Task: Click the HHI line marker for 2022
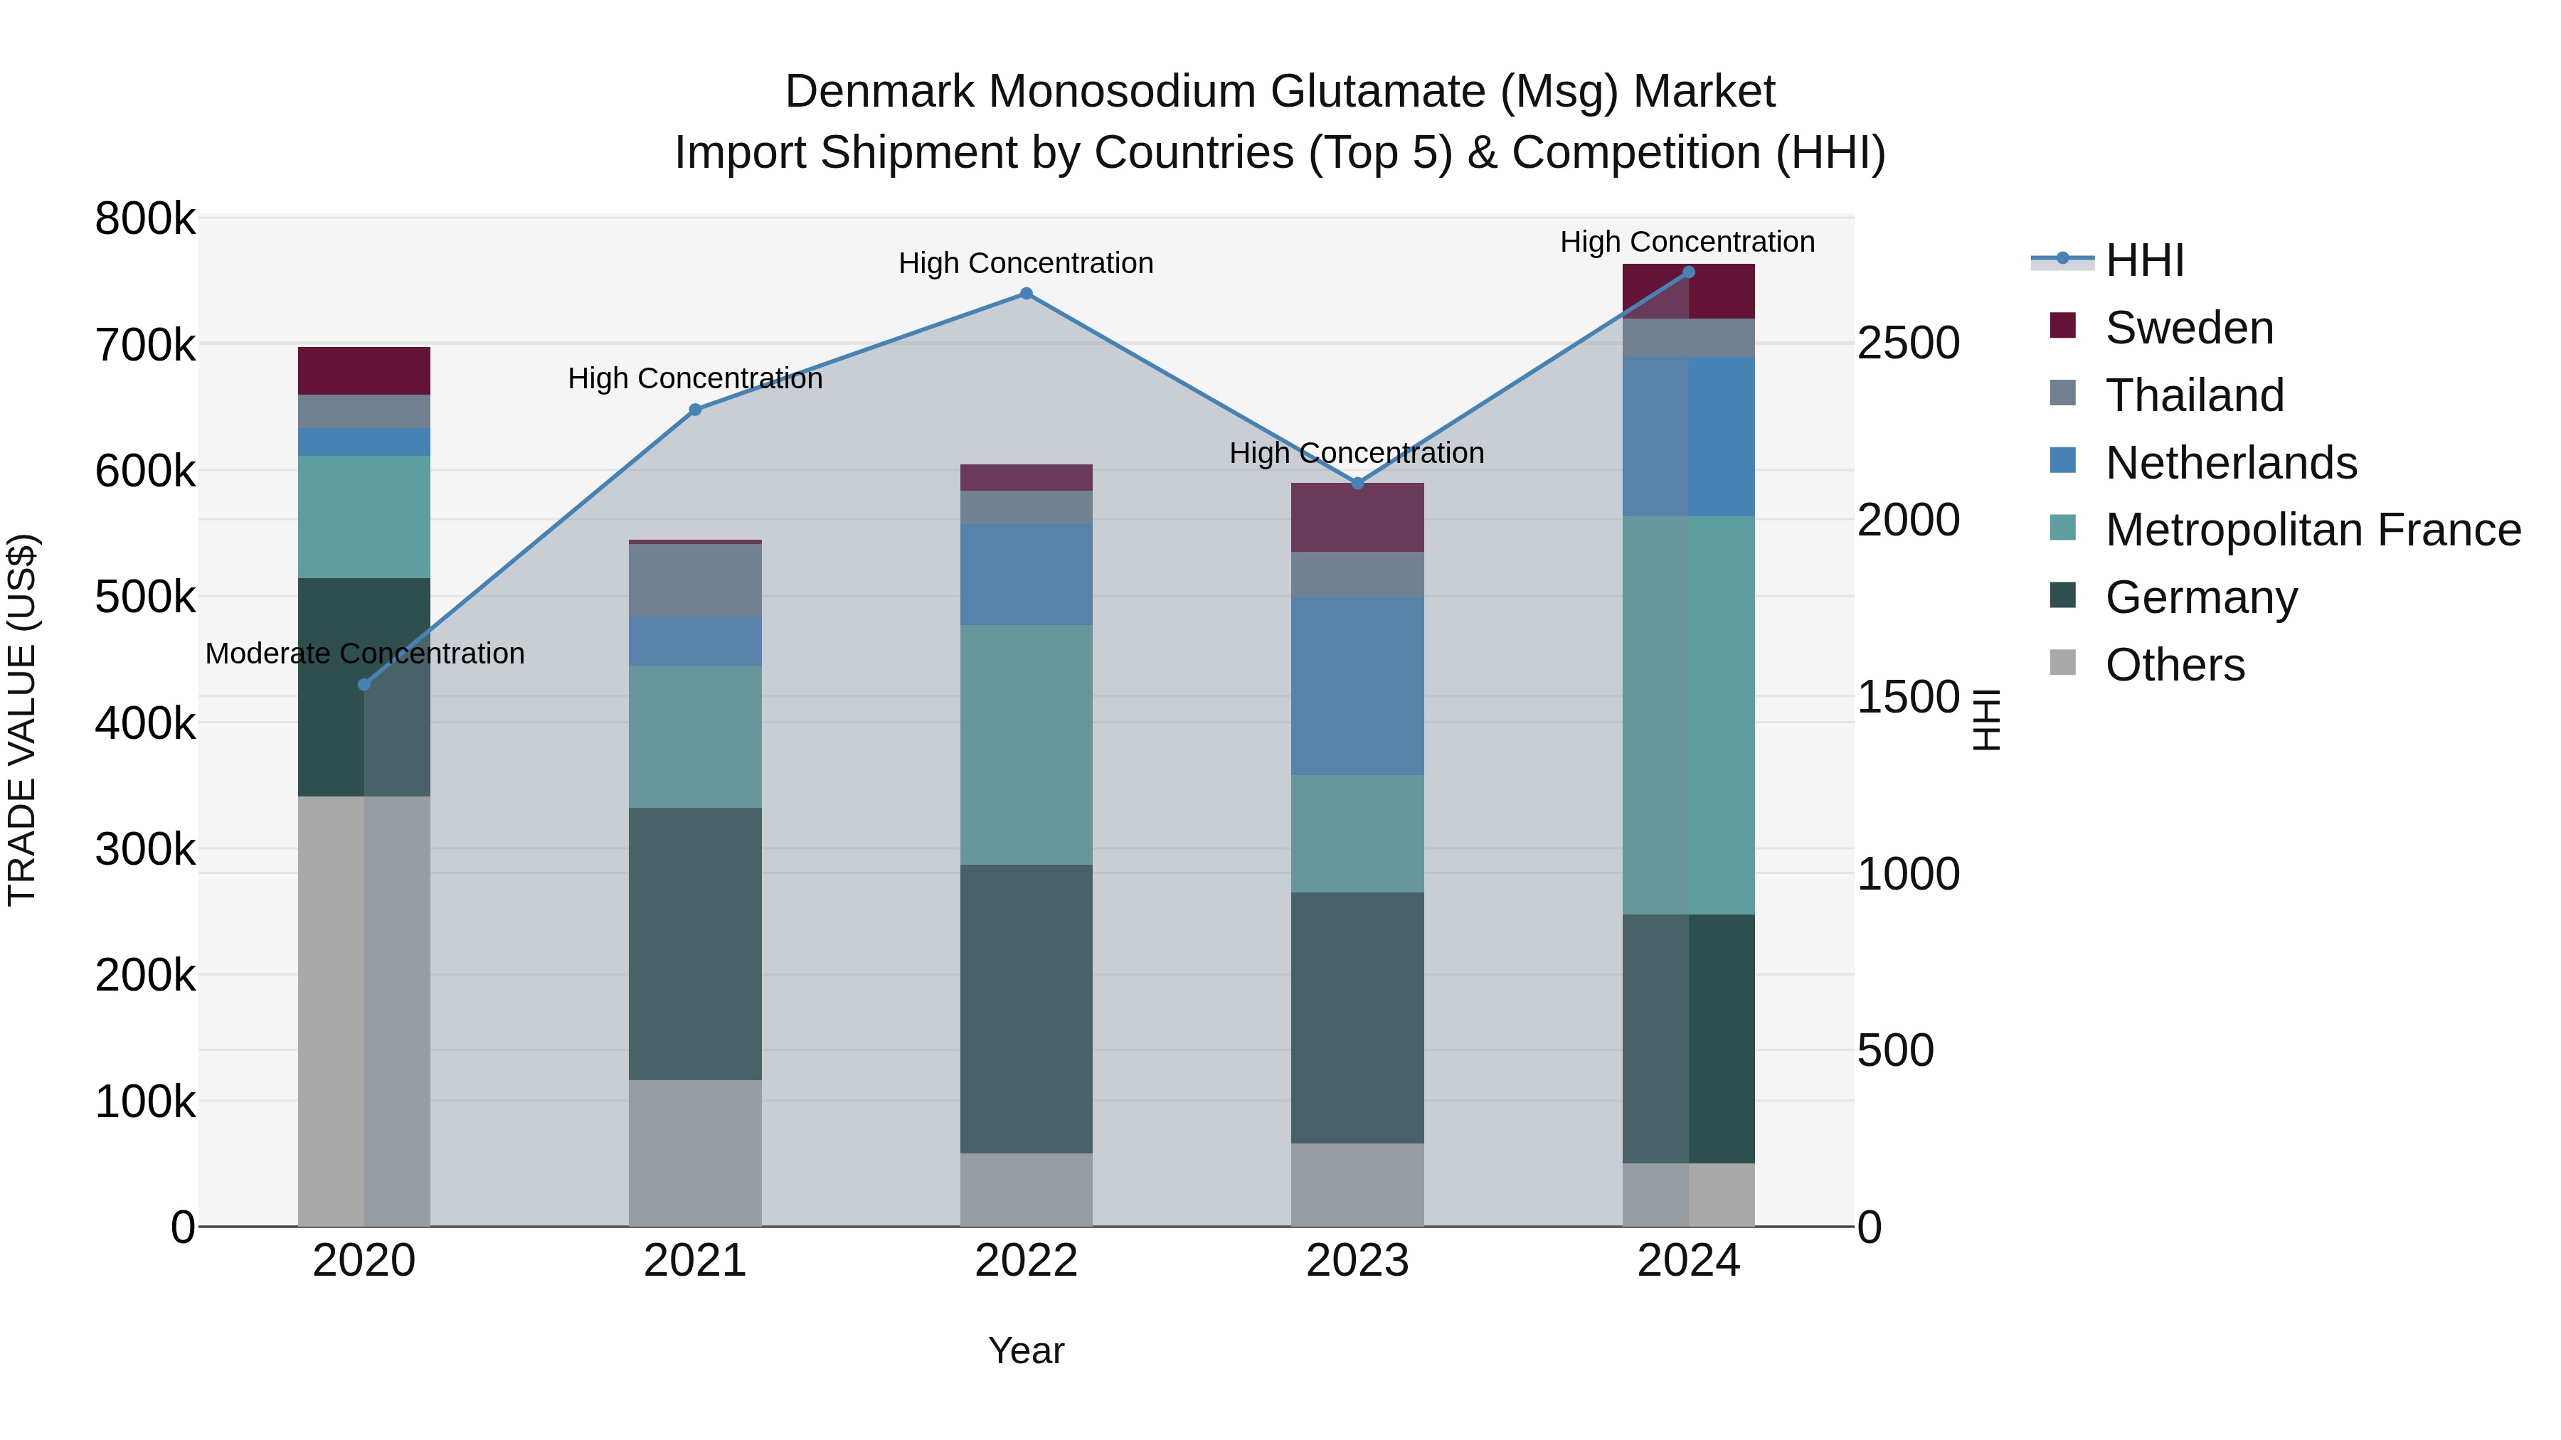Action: (x=1026, y=293)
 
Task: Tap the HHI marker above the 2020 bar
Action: (x=364, y=685)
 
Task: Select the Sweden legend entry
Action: (x=2188, y=328)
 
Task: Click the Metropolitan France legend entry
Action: (x=2313, y=530)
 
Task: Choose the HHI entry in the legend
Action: (x=2143, y=260)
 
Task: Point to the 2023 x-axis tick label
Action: (x=1357, y=1261)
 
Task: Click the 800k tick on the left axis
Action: (x=145, y=218)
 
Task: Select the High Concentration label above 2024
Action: (x=1687, y=242)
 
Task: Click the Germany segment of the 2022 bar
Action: (x=1026, y=1008)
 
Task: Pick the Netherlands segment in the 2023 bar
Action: (x=1357, y=686)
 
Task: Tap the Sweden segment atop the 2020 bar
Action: (x=364, y=370)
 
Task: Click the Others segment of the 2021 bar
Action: (x=695, y=1153)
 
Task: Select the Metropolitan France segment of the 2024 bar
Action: (x=1688, y=715)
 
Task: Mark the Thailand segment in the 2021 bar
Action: (x=695, y=580)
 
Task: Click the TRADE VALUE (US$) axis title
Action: (x=22, y=720)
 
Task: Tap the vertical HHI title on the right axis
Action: (x=1985, y=720)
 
